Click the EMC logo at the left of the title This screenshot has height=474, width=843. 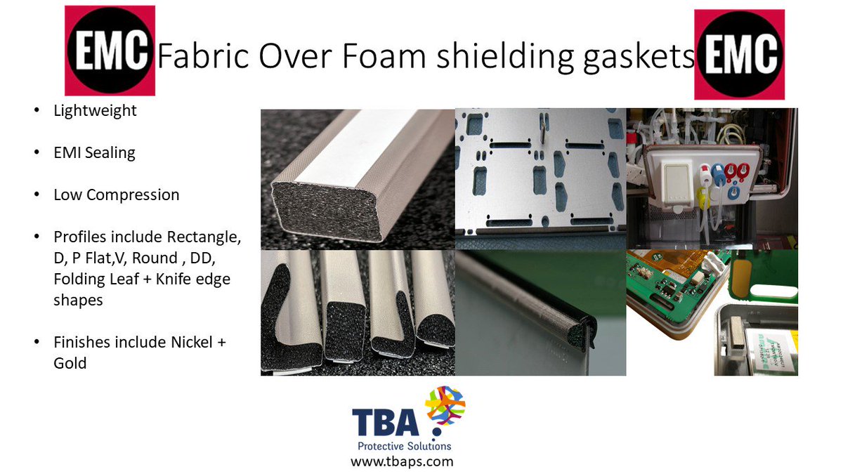tap(110, 51)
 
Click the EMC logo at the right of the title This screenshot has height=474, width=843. tap(739, 55)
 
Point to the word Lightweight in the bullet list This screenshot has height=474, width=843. tap(95, 110)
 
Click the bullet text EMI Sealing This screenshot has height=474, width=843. tap(94, 152)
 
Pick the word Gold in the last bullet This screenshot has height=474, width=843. tap(70, 363)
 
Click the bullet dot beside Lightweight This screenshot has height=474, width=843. tap(36, 111)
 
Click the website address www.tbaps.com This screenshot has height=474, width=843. tap(402, 461)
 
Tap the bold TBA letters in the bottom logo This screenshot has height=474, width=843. tap(386, 423)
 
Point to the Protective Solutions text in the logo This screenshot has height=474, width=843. tap(405, 446)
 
